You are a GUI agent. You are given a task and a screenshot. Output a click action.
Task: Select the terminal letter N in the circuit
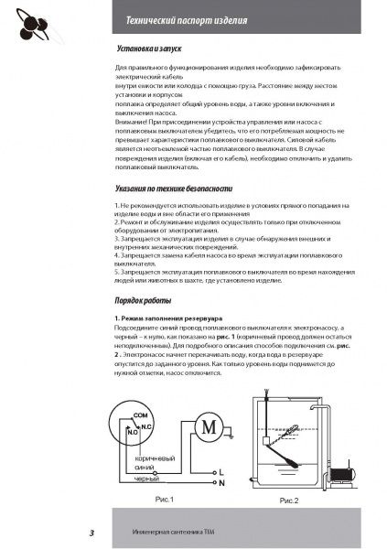pos(221,481)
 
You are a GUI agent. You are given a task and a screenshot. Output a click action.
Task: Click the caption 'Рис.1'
pos(164,501)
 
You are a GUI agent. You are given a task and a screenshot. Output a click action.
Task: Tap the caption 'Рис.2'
pos(289,501)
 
